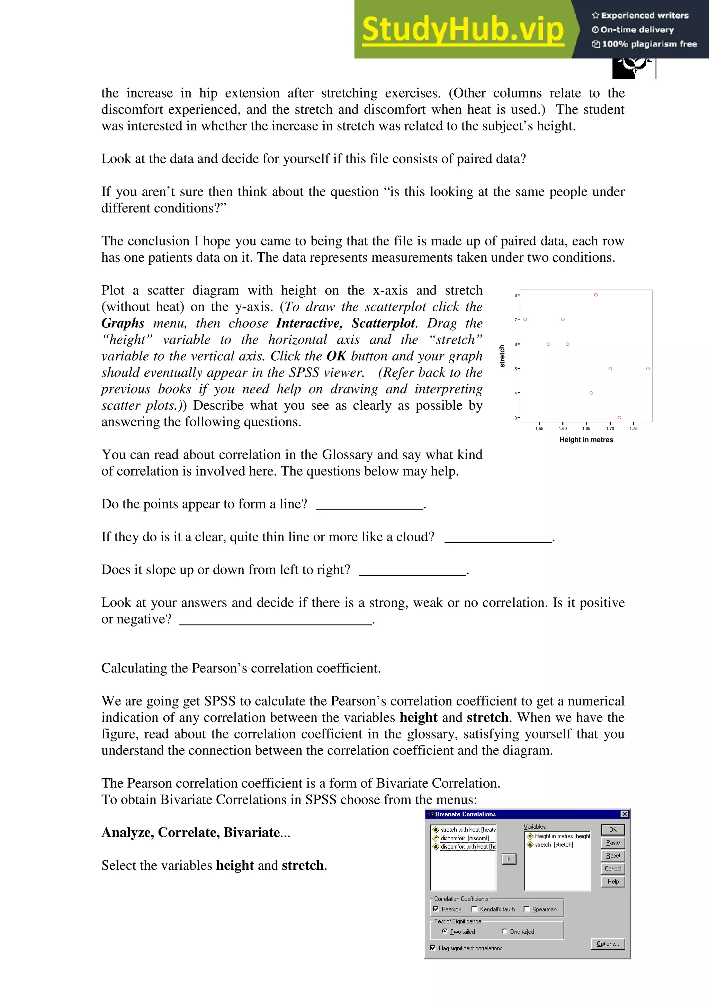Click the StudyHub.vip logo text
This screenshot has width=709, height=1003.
pos(463,29)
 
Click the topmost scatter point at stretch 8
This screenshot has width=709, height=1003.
pos(595,295)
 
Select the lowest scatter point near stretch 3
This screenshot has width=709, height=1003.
pos(619,418)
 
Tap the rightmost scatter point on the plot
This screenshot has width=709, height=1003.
pos(647,369)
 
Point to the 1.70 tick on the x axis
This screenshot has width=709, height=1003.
pos(610,428)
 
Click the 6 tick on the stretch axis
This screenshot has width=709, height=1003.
pos(515,344)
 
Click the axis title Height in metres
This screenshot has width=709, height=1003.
pos(586,440)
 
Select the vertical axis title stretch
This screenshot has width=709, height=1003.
pos(502,356)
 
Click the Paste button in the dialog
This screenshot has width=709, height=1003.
pos(612,842)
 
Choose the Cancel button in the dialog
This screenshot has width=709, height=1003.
pos(612,868)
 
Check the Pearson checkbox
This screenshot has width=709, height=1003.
pos(436,909)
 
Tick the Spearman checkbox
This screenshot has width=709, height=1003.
pos(527,909)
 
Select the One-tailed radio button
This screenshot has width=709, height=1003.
pos(504,931)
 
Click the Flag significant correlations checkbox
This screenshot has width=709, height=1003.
pos(432,948)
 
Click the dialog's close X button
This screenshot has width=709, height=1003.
pos(624,814)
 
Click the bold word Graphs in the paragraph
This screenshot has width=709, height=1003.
pos(123,323)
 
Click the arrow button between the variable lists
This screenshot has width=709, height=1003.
pos(509,859)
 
